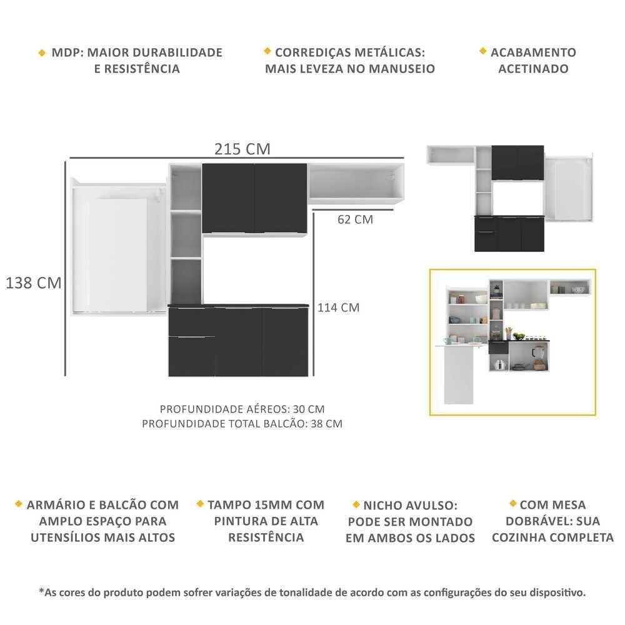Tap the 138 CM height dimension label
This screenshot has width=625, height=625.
coord(34,283)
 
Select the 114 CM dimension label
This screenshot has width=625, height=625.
coord(338,307)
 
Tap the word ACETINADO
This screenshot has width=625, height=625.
coord(533,69)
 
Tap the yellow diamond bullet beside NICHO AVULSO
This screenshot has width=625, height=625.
coord(356,504)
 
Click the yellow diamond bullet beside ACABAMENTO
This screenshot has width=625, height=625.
coord(483,51)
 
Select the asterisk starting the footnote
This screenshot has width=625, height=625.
coord(41,591)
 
